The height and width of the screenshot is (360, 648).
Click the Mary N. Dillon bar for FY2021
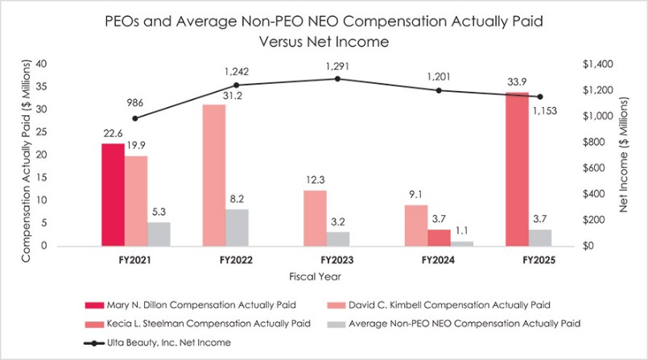113,194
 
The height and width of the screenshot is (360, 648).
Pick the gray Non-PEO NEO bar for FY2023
338,238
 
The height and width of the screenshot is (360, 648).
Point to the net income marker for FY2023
337,78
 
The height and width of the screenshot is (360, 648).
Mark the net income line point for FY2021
135,118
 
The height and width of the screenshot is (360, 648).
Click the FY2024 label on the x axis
438,261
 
